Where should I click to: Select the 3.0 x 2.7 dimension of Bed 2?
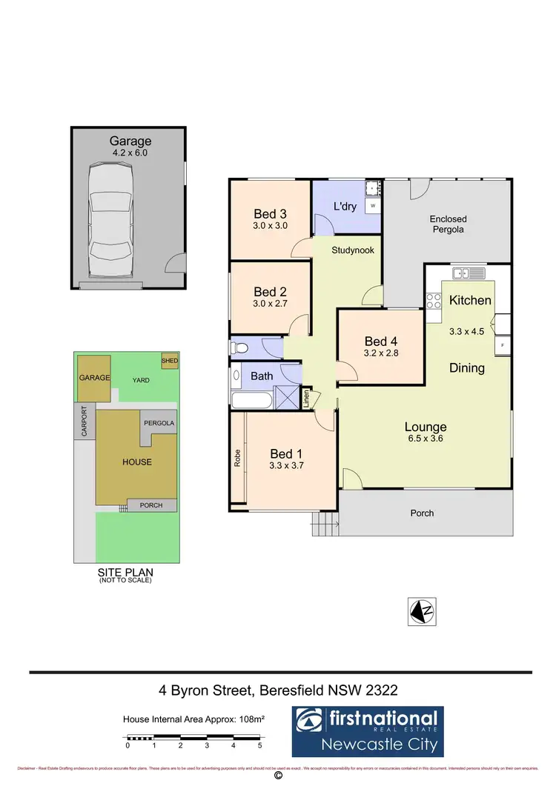coord(269,304)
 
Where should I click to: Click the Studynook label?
coord(353,250)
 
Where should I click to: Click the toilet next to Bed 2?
coord(241,347)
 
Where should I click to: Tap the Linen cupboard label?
coord(306,399)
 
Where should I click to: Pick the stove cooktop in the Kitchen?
coord(434,301)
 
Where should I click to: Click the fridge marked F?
coord(503,345)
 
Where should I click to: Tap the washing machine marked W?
coord(373,205)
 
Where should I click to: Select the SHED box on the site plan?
coord(170,361)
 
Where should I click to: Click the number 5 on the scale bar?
coord(259,746)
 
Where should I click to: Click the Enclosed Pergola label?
coord(449,224)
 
